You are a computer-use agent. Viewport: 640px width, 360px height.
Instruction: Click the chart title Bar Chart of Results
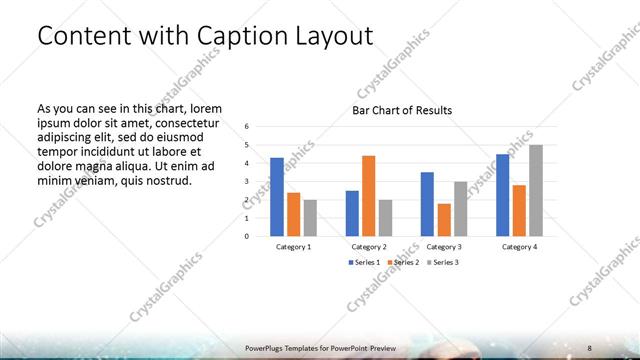pyautogui.click(x=401, y=110)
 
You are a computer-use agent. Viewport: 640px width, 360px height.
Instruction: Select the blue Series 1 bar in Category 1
pyautogui.click(x=277, y=197)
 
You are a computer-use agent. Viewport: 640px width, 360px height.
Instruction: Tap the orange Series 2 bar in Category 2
pyautogui.click(x=369, y=196)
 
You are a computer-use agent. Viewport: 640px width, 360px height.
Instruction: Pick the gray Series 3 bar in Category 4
pyautogui.click(x=536, y=191)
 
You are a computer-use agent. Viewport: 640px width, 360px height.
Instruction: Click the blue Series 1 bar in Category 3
pyautogui.click(x=427, y=204)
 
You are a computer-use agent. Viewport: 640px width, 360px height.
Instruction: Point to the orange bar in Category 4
pyautogui.click(x=519, y=211)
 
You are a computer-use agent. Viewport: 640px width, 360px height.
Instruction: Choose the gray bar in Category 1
pyautogui.click(x=310, y=218)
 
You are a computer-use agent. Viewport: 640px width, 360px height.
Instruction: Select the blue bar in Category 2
pyautogui.click(x=352, y=213)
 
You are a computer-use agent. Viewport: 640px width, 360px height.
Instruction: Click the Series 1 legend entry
pyautogui.click(x=362, y=262)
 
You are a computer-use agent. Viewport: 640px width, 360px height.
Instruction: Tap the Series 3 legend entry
pyautogui.click(x=442, y=262)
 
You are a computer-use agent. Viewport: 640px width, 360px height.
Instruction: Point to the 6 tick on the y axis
pyautogui.click(x=247, y=127)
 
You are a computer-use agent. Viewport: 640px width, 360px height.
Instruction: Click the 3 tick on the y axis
pyautogui.click(x=247, y=182)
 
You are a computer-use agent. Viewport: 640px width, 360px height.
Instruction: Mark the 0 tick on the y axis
pyautogui.click(x=247, y=237)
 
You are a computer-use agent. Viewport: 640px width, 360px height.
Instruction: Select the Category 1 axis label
pyautogui.click(x=293, y=246)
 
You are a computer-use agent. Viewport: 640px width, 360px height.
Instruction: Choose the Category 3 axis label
pyautogui.click(x=444, y=246)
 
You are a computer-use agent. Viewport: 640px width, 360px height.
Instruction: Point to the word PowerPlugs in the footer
pyautogui.click(x=267, y=347)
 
